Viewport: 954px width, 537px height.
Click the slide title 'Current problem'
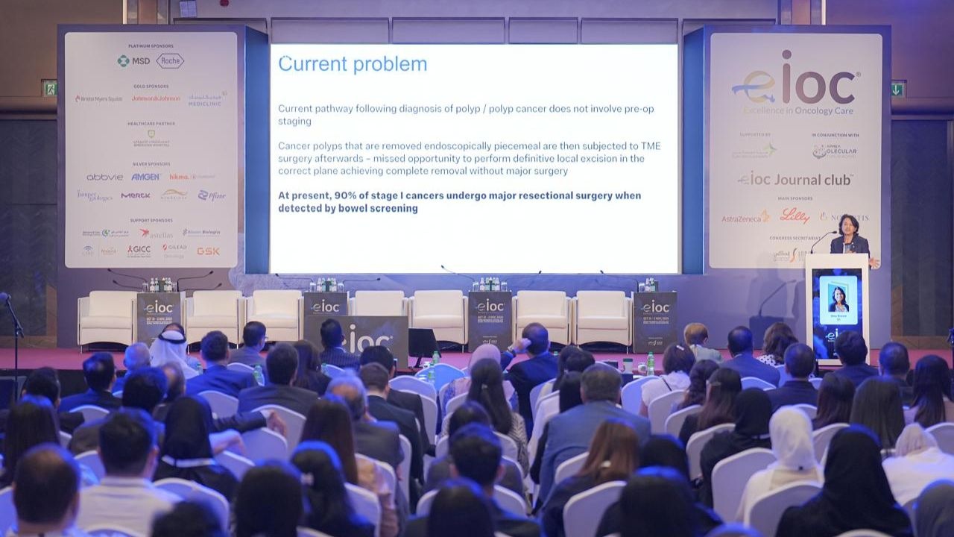point(353,64)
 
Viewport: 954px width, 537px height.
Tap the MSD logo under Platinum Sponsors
point(133,61)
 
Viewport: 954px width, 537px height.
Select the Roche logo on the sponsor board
point(170,61)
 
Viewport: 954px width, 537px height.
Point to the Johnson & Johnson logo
point(156,98)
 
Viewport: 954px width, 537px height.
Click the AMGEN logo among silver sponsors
point(146,177)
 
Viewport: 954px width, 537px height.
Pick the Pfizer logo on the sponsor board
point(212,195)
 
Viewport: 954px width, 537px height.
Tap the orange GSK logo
point(208,251)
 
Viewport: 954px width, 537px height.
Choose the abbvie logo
point(104,177)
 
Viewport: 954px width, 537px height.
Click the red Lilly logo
point(795,216)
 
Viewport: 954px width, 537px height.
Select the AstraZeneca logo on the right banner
point(745,218)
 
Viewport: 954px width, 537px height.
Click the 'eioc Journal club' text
point(795,180)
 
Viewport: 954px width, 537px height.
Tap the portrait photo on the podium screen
point(838,298)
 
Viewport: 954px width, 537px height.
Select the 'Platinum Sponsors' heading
point(151,46)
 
